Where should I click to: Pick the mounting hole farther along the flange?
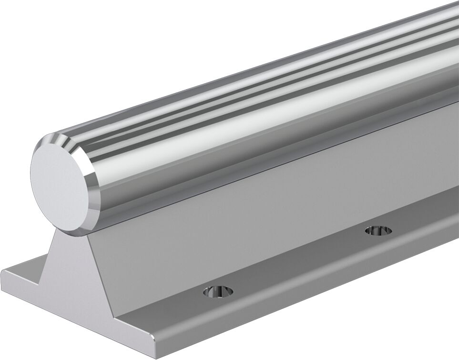[x=378, y=231]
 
